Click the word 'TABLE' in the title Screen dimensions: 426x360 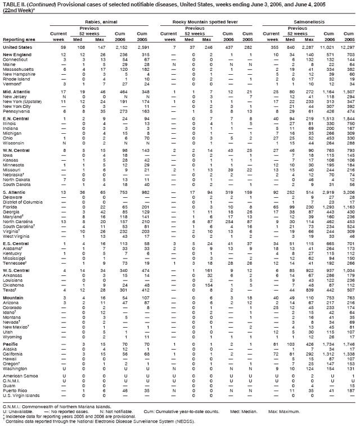(x=12, y=4)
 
